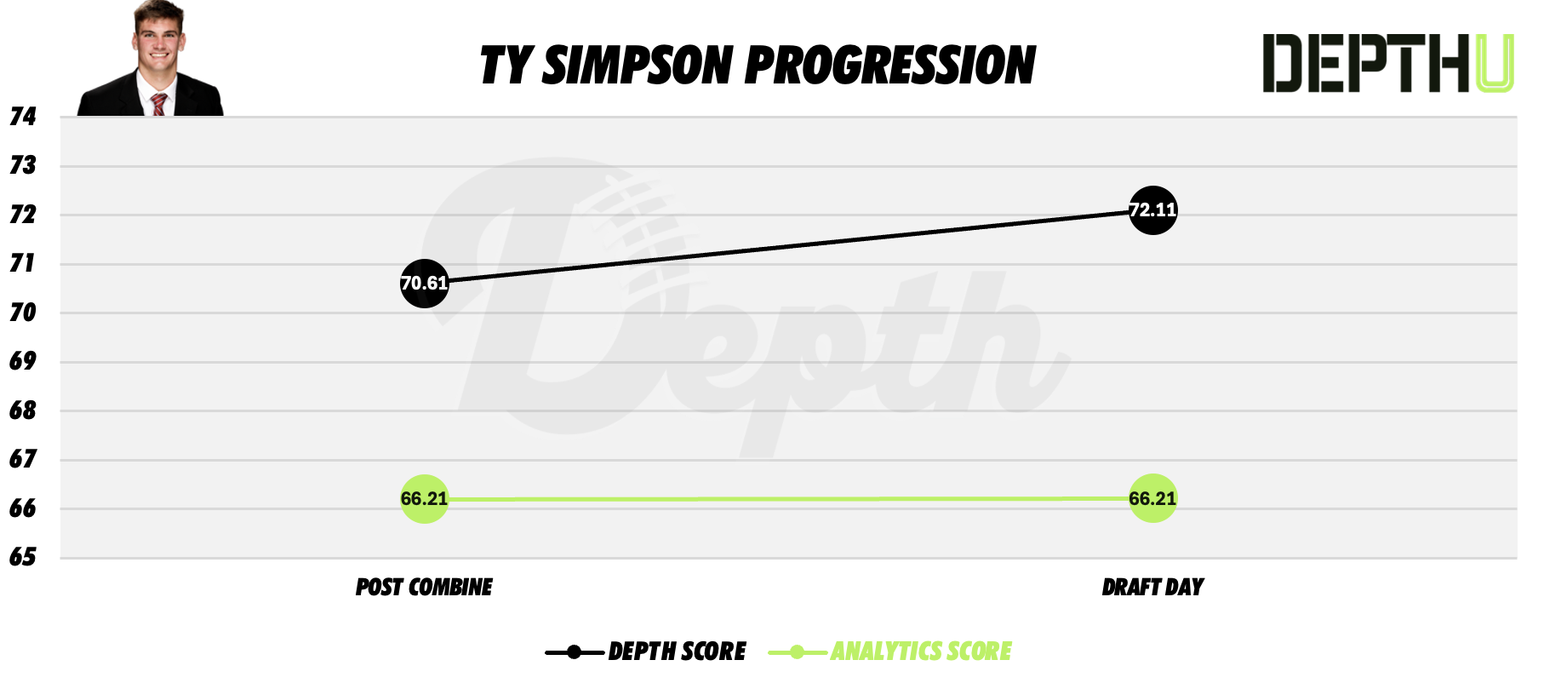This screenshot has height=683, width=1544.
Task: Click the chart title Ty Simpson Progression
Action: click(758, 66)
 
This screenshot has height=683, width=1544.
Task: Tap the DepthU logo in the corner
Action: click(1387, 63)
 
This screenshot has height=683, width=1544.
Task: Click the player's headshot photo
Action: click(152, 60)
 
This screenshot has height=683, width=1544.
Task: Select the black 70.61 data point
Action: click(424, 284)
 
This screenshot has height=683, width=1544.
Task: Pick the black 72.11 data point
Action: click(1152, 210)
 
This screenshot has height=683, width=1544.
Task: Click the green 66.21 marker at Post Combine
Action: click(424, 499)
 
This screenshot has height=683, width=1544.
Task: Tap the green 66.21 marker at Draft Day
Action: click(1152, 499)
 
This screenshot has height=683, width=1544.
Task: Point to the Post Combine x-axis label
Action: click(424, 588)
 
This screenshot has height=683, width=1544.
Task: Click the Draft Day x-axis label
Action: click(1152, 588)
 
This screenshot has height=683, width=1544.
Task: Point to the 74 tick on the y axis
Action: click(23, 117)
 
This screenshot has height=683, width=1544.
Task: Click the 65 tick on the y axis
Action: click(23, 557)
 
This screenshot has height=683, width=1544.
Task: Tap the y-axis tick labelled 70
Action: click(23, 313)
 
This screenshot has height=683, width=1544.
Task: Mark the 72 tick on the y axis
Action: click(23, 215)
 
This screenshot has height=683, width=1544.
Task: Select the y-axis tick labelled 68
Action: click(23, 410)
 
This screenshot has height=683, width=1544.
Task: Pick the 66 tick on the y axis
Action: click(23, 508)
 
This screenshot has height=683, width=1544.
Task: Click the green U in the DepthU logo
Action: click(1495, 63)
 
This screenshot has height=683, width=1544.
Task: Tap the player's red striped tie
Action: click(158, 105)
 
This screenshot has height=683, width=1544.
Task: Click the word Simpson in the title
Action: click(637, 66)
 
